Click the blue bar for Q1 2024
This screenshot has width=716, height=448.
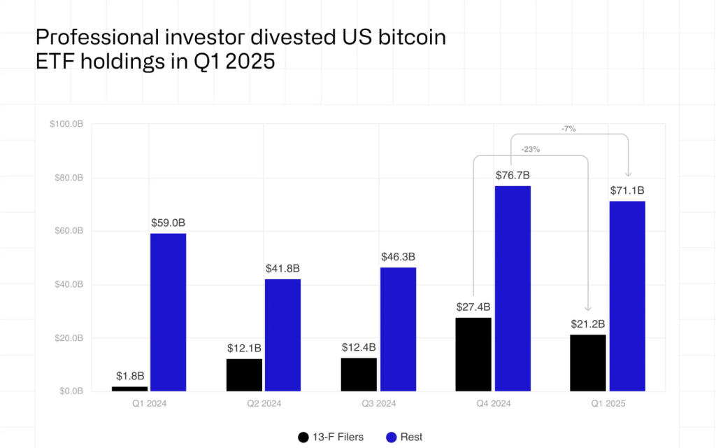tap(168, 312)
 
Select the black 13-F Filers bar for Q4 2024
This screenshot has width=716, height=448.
tap(473, 354)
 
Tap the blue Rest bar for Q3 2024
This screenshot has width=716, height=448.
tap(397, 329)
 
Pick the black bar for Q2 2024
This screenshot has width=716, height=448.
tap(244, 374)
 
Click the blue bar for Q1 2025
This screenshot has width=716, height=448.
tap(626, 295)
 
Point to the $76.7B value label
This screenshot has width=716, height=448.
tap(513, 175)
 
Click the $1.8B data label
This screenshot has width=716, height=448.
tap(129, 376)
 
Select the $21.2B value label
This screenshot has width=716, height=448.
tap(588, 323)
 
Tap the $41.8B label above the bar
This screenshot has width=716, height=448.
tap(282, 268)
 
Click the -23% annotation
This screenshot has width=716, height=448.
tap(531, 149)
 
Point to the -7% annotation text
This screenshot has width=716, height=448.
tap(568, 129)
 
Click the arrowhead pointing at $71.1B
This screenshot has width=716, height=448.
tap(627, 174)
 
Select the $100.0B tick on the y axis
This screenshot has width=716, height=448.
tap(66, 125)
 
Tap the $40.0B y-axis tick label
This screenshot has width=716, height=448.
tap(68, 285)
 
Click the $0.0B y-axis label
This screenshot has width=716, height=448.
tap(69, 391)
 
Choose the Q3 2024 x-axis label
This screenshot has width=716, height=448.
tap(378, 404)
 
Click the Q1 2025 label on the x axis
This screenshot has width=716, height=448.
tap(608, 404)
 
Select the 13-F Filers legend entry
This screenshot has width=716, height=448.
tap(331, 437)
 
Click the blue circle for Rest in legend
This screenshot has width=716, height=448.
tap(391, 437)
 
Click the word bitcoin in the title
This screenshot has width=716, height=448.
tap(409, 37)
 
